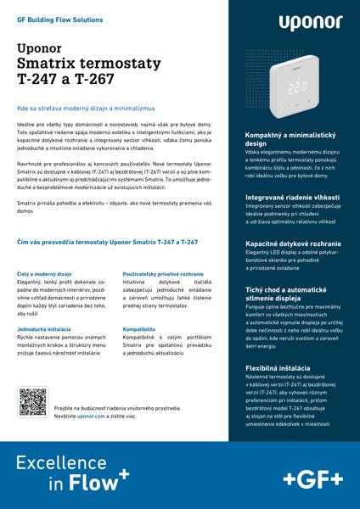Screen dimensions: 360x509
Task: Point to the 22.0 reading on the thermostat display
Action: pos(297,87)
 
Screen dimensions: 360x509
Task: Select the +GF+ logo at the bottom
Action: pos(308,476)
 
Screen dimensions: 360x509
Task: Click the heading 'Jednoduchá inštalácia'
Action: pos(46,327)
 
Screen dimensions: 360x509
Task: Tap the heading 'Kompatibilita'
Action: pos(138,327)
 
